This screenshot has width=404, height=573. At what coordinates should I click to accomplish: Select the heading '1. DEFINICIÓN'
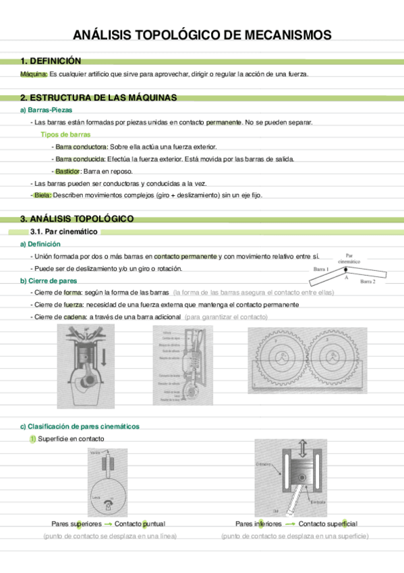coord(51,61)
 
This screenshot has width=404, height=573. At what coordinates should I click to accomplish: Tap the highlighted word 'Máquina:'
coord(34,74)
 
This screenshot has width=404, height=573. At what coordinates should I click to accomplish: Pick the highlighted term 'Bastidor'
coord(68,171)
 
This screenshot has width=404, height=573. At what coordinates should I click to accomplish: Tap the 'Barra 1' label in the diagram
coord(321,269)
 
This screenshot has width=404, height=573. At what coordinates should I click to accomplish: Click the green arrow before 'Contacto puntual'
coord(108,524)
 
